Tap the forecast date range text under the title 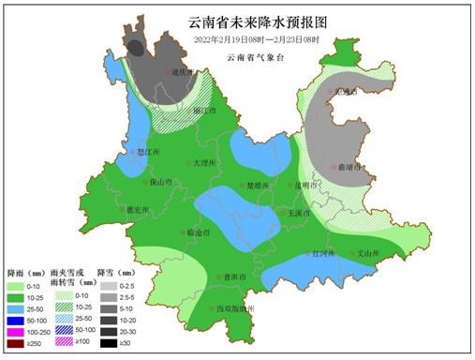[256, 40]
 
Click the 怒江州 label [149, 150]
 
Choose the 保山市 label [161, 183]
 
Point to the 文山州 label [371, 253]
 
